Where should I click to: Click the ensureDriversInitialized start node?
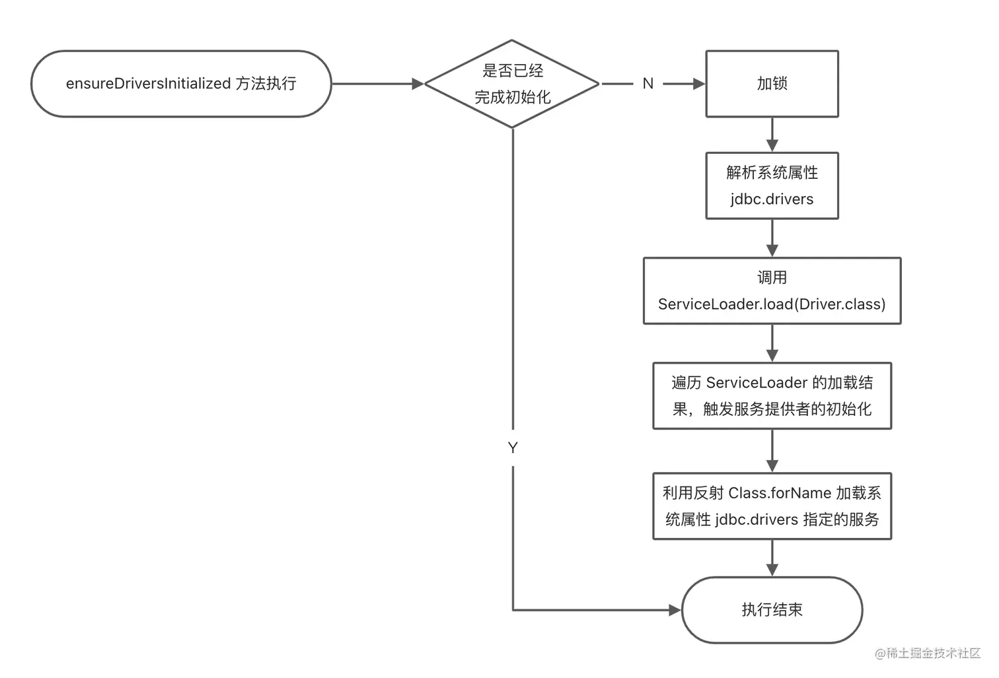181,84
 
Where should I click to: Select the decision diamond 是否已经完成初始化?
512,84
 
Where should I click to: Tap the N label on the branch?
647,84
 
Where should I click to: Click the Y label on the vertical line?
513,448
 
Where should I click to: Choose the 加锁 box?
772,84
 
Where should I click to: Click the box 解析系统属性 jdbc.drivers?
772,186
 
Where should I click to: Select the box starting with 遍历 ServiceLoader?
772,395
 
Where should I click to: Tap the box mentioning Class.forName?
772,506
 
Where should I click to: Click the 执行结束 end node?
772,609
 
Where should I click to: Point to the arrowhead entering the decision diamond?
418,84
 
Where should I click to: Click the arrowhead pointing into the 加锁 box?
698,84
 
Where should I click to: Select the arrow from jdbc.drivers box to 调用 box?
772,239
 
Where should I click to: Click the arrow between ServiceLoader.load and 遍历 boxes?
772,344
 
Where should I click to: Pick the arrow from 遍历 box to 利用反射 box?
772,452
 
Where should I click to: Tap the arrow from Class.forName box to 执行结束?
772,559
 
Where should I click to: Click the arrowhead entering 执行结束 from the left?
675,610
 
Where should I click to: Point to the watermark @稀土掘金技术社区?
928,653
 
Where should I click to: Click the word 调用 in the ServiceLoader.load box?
772,278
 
